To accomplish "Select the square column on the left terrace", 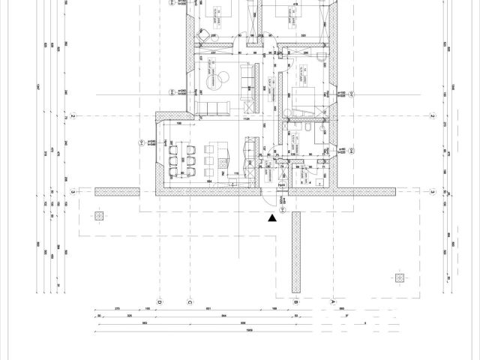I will point(98,216).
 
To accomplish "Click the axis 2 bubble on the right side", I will point(433,117).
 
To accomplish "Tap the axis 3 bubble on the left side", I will point(72,192).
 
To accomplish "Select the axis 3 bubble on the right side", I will point(433,192).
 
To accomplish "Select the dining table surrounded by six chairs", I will point(190,158).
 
